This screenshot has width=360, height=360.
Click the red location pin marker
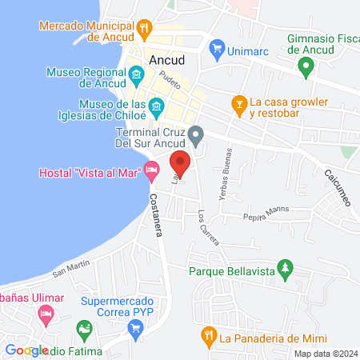click(x=181, y=162)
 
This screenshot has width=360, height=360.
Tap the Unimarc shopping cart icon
click(x=216, y=50)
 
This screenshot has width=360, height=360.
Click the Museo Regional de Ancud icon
click(x=136, y=77)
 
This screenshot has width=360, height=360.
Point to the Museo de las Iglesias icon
click(x=157, y=106)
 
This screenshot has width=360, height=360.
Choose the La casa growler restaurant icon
click(x=238, y=103)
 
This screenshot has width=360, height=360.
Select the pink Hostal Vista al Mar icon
click(x=150, y=170)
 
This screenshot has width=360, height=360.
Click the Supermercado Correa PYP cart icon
click(x=136, y=327)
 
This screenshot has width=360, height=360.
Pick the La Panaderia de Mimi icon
click(x=208, y=336)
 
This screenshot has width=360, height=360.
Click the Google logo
click(x=26, y=350)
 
